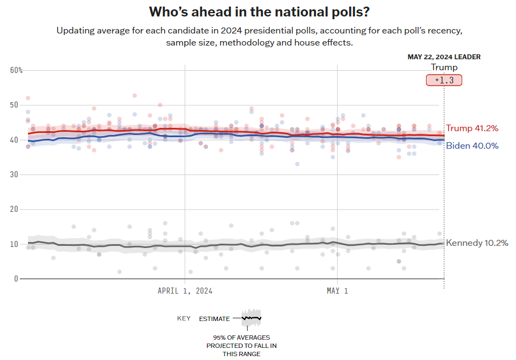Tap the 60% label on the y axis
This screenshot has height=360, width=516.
pyautogui.click(x=16, y=70)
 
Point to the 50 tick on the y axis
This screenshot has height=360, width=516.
pyautogui.click(x=14, y=105)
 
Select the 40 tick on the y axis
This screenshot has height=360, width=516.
pyautogui.click(x=14, y=140)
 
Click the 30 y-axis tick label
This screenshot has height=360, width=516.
pyautogui.click(x=14, y=175)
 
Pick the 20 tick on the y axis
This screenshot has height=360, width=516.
pyautogui.click(x=14, y=209)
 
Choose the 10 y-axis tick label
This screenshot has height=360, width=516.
pyautogui.click(x=14, y=244)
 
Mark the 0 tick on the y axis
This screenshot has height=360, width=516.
pyautogui.click(x=16, y=278)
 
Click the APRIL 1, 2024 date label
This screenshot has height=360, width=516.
pyautogui.click(x=185, y=291)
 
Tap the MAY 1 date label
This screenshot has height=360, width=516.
pyautogui.click(x=337, y=291)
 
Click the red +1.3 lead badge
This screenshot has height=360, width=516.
pyautogui.click(x=444, y=80)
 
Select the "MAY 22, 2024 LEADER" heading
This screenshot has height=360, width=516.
pyautogui.click(x=444, y=57)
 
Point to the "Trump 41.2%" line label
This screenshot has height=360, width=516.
pyautogui.click(x=472, y=128)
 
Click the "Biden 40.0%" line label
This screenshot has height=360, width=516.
pyautogui.click(x=472, y=146)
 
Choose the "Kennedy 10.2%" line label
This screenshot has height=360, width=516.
pyautogui.click(x=477, y=243)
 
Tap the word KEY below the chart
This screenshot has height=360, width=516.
pyautogui.click(x=184, y=318)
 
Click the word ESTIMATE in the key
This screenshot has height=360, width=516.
pyautogui.click(x=214, y=318)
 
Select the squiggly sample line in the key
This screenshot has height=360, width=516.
pyautogui.click(x=252, y=317)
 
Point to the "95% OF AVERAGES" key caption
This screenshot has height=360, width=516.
pyautogui.click(x=242, y=337)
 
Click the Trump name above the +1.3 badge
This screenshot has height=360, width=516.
pyautogui.click(x=444, y=67)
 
